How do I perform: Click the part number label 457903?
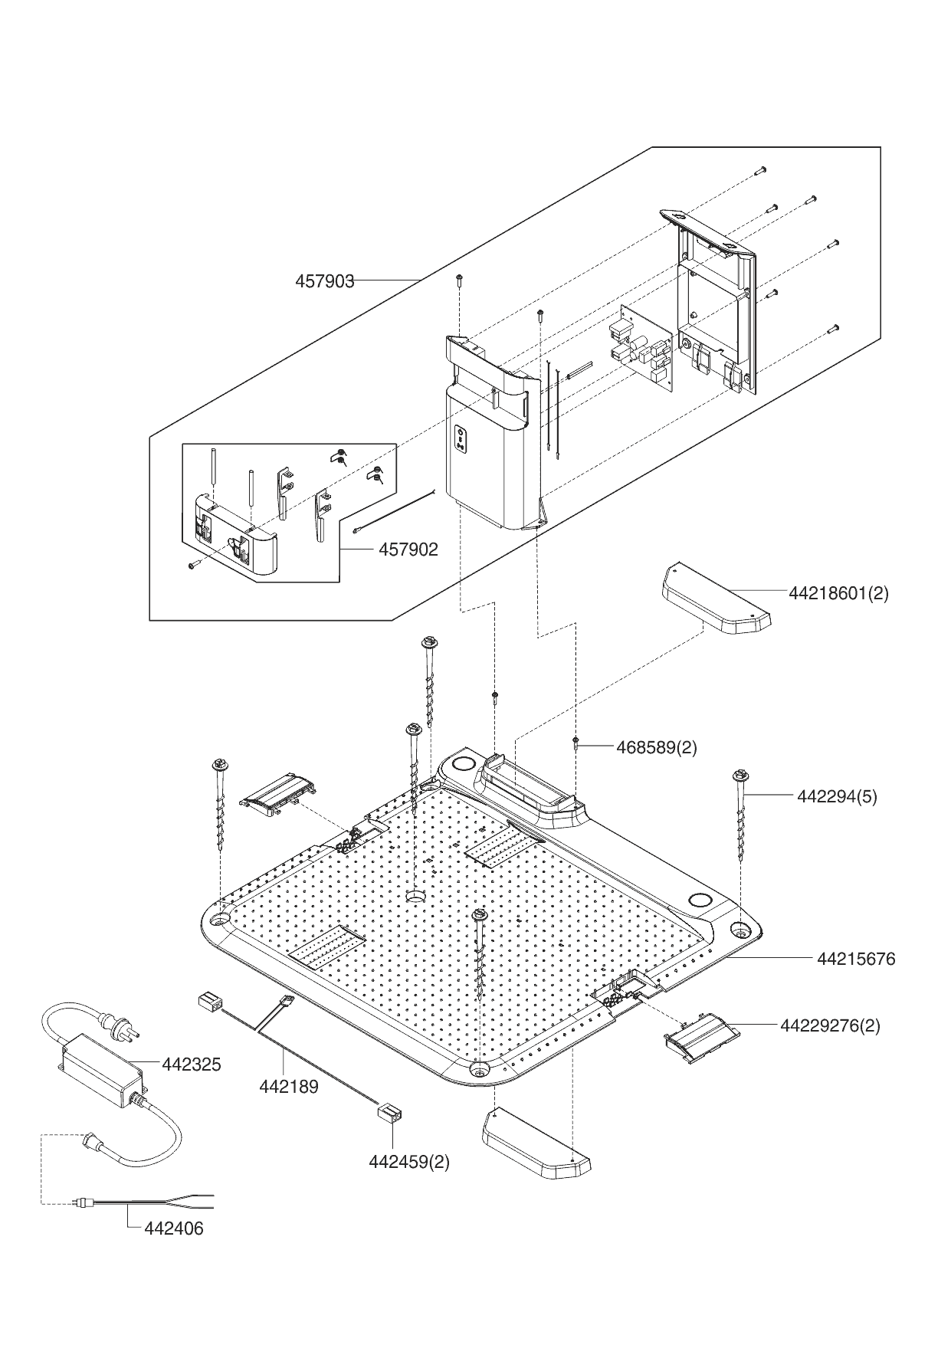(325, 281)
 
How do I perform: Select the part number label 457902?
(408, 549)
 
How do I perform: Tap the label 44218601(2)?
(838, 592)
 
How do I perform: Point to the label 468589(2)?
(657, 747)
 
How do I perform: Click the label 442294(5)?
(837, 796)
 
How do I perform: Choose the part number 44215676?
(855, 959)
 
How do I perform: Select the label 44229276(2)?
(830, 1025)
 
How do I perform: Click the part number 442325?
(191, 1064)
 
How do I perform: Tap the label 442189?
(289, 1086)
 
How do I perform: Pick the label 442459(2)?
(409, 1161)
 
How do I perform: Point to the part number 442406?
(174, 1229)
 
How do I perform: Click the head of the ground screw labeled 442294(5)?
(740, 775)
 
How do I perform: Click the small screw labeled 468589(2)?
(575, 742)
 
